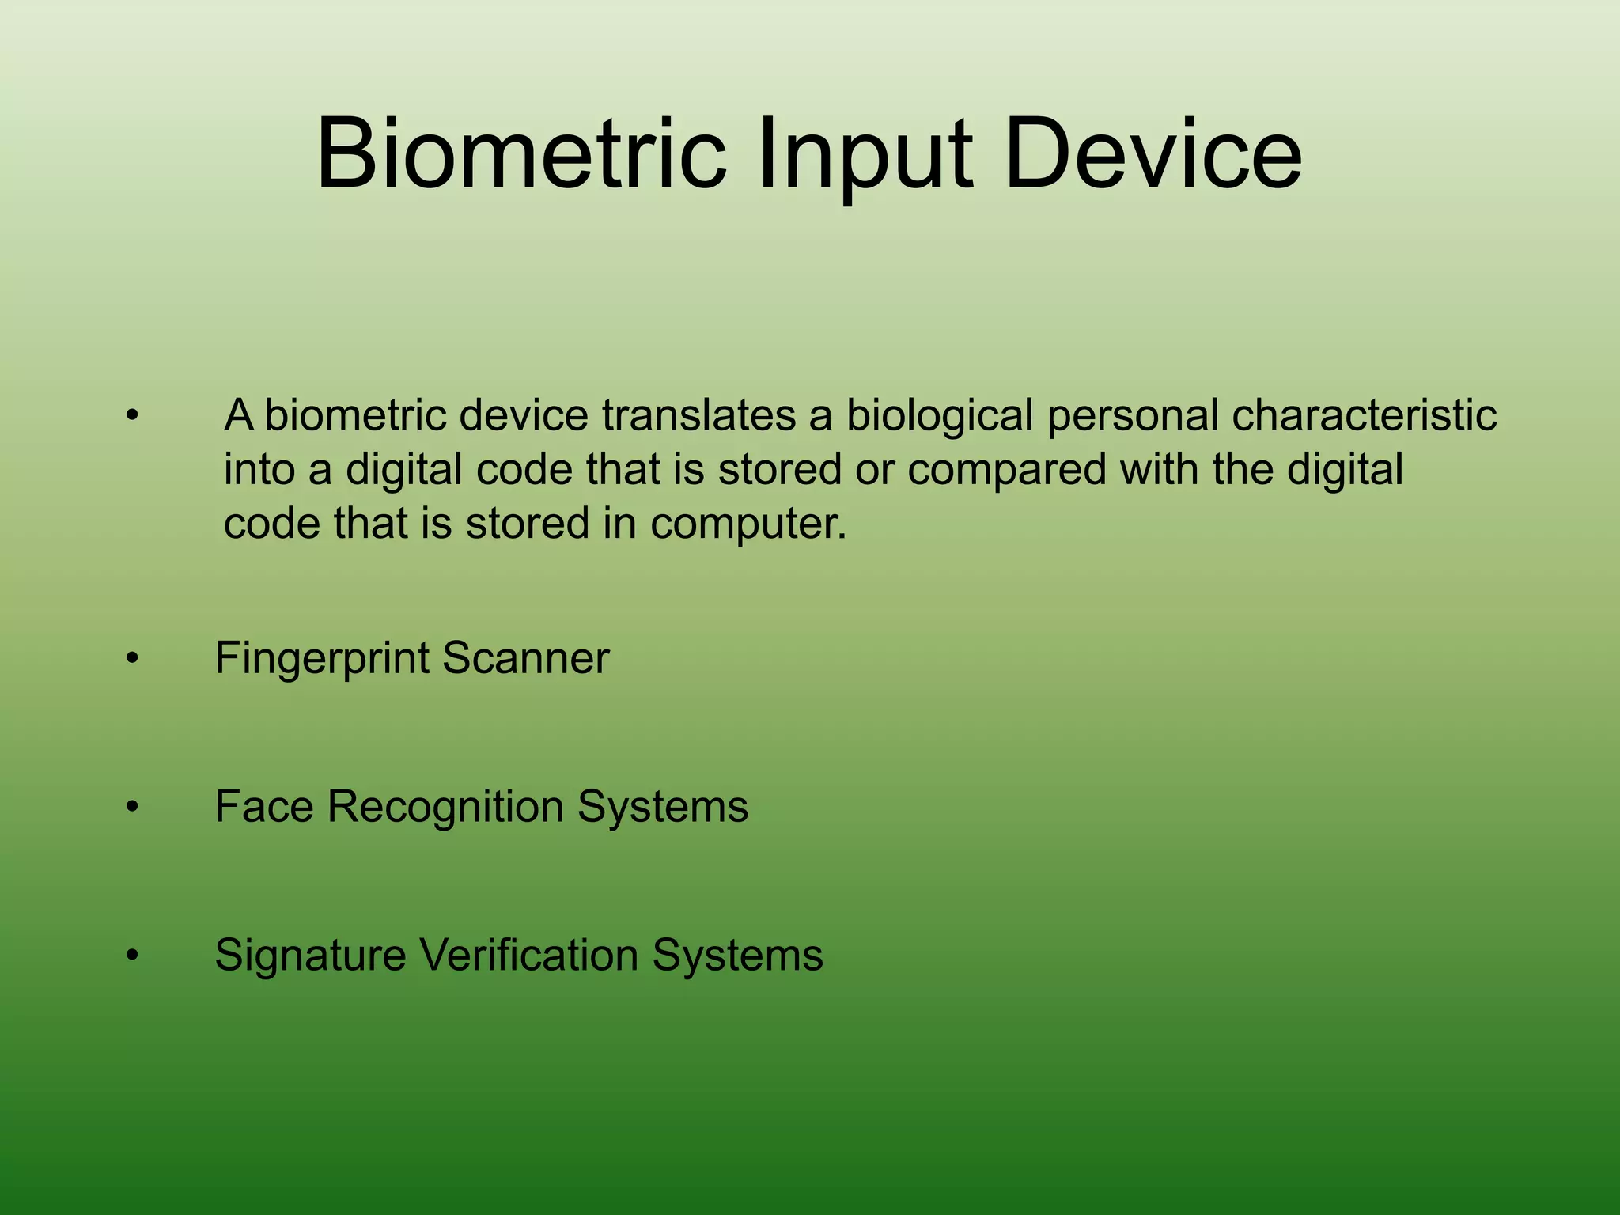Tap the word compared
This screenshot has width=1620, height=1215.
tap(1006, 471)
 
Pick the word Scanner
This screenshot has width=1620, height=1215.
tap(525, 657)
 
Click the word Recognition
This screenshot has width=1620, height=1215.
tap(445, 808)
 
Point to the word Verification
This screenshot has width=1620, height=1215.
tap(528, 954)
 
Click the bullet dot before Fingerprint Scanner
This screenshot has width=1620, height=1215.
tap(132, 659)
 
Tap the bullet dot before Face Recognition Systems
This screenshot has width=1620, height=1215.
tap(132, 808)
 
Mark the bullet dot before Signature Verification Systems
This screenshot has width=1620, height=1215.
tap(132, 956)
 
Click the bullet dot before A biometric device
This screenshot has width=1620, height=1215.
tap(132, 415)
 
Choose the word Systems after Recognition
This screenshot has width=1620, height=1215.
tap(662, 808)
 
